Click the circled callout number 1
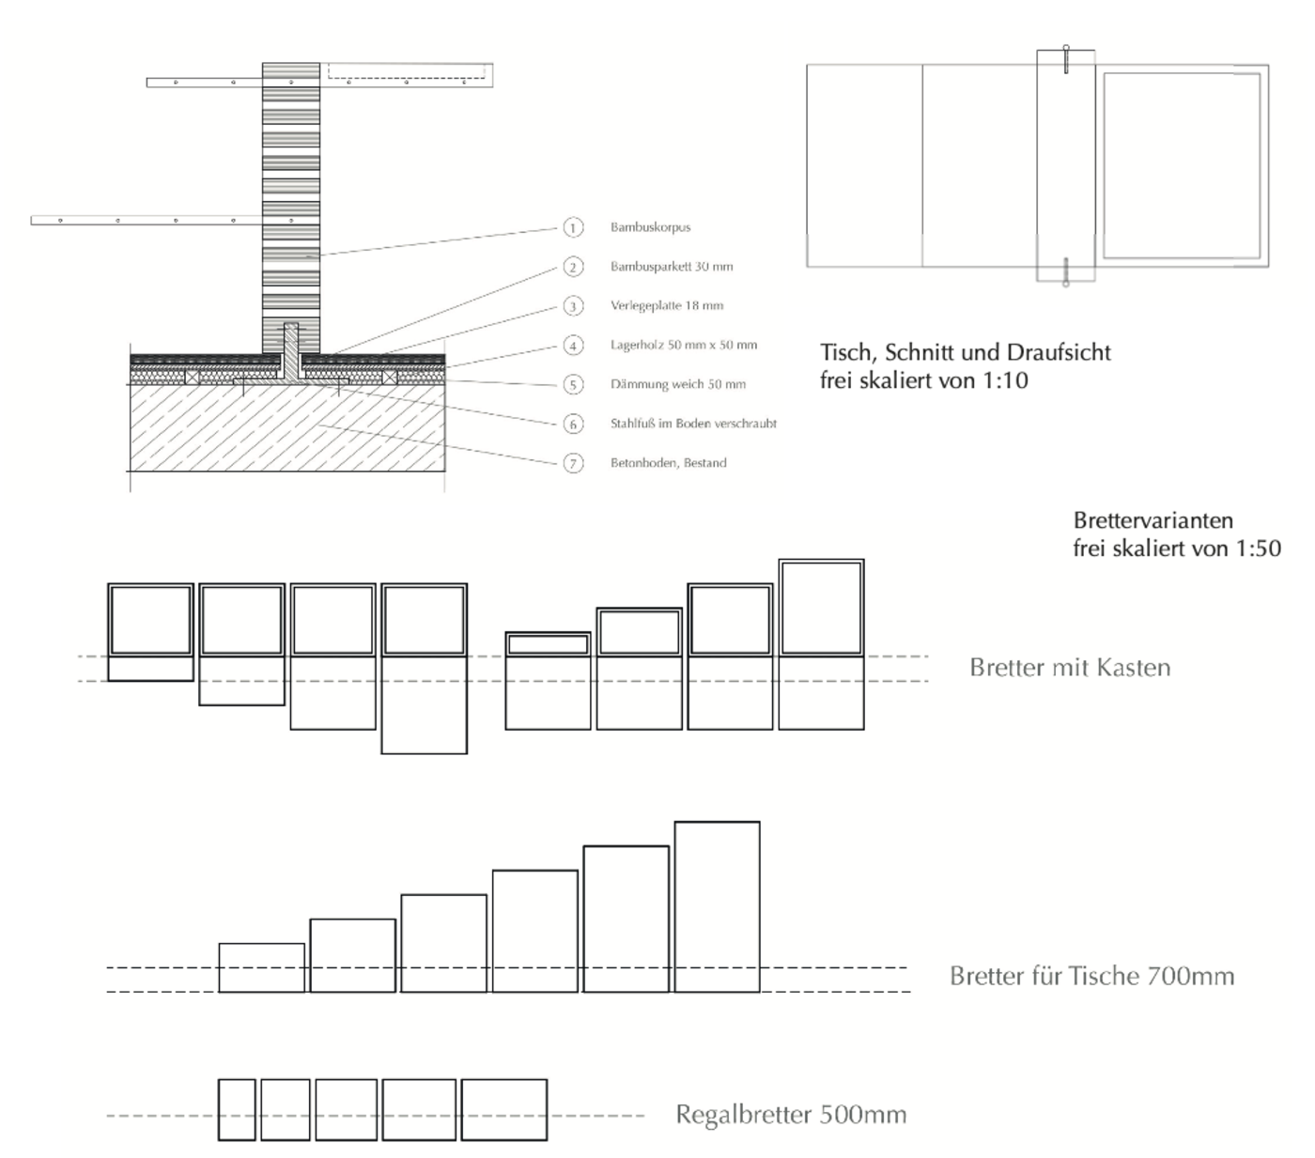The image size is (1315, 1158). [573, 227]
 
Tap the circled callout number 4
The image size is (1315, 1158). [573, 345]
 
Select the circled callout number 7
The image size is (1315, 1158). [573, 463]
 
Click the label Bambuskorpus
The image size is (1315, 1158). [650, 227]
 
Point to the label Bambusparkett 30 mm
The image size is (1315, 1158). [671, 267]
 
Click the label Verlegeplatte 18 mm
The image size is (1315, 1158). [666, 306]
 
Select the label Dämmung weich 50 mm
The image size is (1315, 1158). [677, 384]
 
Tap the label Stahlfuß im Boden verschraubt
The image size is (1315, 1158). [693, 424]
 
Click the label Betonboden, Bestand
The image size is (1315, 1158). [668, 463]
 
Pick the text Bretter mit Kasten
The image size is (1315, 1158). [1070, 668]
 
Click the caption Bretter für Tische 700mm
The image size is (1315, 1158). [1091, 976]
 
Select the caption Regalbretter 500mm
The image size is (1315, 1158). [791, 1115]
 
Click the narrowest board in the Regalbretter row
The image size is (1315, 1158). [237, 1109]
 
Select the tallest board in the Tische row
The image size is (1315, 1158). [717, 906]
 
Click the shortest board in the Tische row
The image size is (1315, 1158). [261, 967]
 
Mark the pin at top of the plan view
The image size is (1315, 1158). [1066, 58]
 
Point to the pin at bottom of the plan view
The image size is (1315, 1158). [1065, 272]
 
